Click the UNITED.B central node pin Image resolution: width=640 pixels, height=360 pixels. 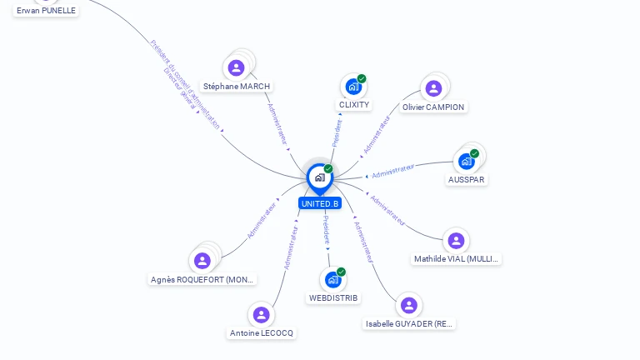(x=319, y=177)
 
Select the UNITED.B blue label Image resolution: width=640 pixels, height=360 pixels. (x=320, y=203)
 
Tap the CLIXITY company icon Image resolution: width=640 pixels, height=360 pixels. (x=354, y=87)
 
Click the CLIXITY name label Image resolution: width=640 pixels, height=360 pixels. (x=354, y=105)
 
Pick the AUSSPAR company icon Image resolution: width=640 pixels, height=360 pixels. (x=467, y=161)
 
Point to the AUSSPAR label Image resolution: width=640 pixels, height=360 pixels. (x=467, y=179)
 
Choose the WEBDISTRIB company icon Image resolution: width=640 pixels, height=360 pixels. (x=333, y=279)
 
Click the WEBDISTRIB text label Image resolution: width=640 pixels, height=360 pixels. (x=333, y=297)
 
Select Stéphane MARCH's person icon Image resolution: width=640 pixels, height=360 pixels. (x=236, y=67)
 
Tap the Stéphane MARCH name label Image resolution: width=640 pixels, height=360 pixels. (x=237, y=86)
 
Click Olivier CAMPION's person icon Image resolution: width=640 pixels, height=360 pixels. (x=433, y=88)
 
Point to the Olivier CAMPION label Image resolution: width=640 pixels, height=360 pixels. (x=433, y=107)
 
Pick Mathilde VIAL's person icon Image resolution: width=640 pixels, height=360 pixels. (x=456, y=241)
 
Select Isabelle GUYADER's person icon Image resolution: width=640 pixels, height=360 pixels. (x=408, y=305)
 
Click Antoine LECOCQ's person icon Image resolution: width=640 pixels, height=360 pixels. (x=262, y=314)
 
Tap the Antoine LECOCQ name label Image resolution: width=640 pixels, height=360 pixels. (x=262, y=332)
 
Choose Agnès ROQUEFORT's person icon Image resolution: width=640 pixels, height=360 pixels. (x=202, y=261)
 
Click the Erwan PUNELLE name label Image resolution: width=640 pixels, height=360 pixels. (x=46, y=11)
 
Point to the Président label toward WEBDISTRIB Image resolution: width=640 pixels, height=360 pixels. (x=327, y=229)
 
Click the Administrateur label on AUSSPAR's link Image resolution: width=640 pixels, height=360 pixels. (x=393, y=171)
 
